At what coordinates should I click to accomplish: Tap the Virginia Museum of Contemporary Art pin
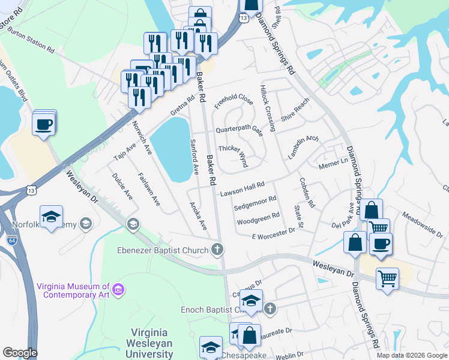click(119, 290)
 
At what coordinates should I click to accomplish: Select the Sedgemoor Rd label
click(255, 203)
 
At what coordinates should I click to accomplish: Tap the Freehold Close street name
click(234, 101)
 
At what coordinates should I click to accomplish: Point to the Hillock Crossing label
click(267, 107)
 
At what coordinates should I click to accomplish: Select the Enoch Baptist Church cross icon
click(270, 309)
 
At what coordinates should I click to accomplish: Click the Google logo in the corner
click(20, 353)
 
